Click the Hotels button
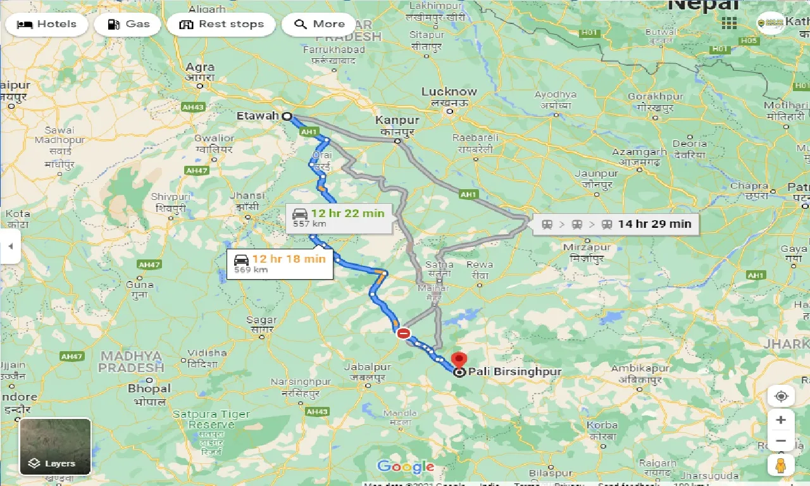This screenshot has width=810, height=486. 47,25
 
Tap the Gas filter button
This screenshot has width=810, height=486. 128,25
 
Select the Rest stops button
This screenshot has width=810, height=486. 221,25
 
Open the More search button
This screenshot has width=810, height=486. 319,25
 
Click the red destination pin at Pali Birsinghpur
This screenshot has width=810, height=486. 460,360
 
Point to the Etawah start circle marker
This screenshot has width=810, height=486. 287,116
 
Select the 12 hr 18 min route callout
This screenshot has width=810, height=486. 280,263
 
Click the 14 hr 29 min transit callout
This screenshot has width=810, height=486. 616,223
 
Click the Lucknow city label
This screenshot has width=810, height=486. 449,92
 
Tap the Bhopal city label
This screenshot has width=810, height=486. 149,389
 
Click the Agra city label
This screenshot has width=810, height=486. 200,67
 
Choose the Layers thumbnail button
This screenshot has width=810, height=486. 56,447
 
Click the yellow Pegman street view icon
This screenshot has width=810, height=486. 781,464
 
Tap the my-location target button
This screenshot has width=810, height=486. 781,396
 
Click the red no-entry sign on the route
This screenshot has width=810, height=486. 404,333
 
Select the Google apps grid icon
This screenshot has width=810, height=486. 729,23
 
